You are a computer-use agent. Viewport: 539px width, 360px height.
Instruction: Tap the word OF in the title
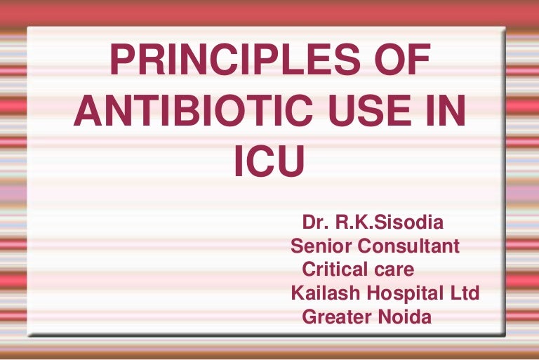(x=400, y=62)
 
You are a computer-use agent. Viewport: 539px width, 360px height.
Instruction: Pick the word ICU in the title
(x=269, y=161)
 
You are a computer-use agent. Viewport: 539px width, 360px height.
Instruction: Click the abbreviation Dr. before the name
(x=315, y=224)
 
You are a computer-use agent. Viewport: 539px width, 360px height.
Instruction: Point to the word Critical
(x=333, y=269)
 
